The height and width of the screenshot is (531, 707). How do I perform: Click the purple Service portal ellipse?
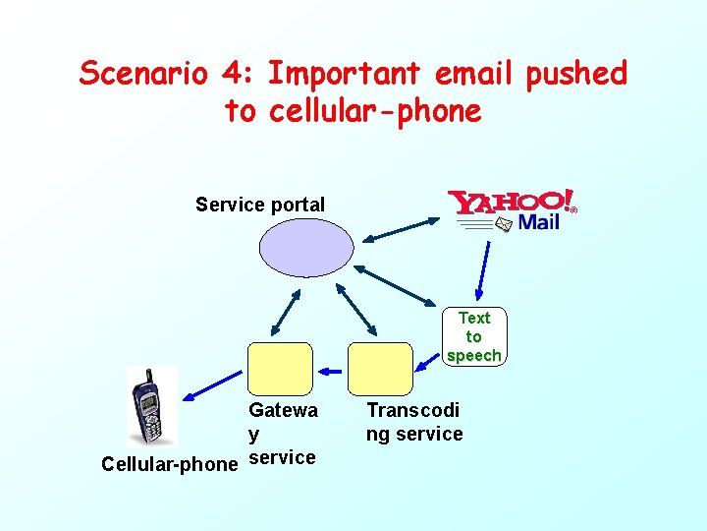coord(305,246)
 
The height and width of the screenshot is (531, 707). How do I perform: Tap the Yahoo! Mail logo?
coord(511,210)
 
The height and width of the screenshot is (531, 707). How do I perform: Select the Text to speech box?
coord(473,336)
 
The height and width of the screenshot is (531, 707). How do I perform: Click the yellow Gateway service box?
coord(280,368)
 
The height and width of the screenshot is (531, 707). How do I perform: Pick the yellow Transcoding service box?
coord(380,368)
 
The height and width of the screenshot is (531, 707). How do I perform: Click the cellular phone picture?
coord(152,406)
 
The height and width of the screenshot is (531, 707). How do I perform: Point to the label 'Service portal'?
coord(260,205)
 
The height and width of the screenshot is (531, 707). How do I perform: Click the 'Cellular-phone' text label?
coord(170,463)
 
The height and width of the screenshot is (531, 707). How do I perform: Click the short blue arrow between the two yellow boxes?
coord(332,371)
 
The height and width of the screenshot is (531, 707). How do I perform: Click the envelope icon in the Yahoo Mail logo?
coord(503,224)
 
